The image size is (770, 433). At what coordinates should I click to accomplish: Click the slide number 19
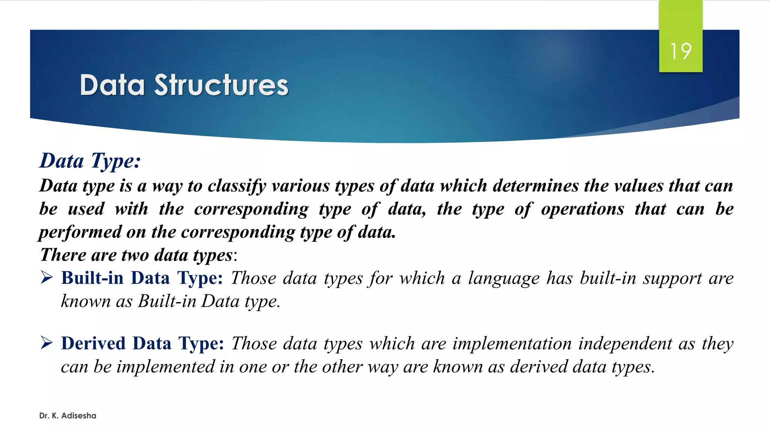coord(681,51)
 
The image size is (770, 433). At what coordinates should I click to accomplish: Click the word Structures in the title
coord(221,85)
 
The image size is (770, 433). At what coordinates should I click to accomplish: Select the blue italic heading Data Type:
coord(90,161)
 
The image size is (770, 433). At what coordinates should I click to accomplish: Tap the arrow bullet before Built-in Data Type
coord(47,278)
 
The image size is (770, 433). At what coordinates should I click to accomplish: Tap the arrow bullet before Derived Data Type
coord(47,343)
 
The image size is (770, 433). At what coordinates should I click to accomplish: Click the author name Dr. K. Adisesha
coord(68,416)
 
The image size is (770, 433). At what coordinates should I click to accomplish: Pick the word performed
coord(80,232)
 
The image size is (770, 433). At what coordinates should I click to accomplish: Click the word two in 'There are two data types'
coord(135,255)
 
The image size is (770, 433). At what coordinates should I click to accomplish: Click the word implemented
coord(165,367)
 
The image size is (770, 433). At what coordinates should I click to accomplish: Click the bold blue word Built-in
coord(92,278)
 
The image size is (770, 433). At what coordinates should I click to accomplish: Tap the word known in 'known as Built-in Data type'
coord(86,301)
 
